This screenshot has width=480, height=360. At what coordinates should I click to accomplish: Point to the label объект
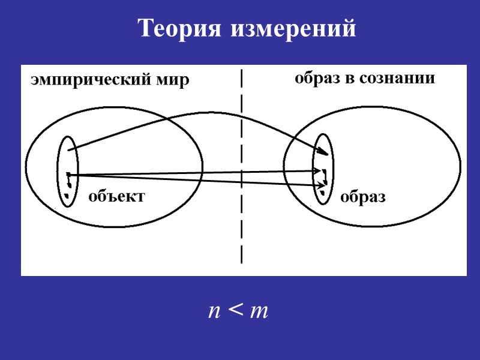point(117,196)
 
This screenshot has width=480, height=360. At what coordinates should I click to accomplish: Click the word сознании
point(398,79)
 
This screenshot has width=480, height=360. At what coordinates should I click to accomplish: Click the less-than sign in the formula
point(235,311)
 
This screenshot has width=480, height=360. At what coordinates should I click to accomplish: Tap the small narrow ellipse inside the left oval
point(67,171)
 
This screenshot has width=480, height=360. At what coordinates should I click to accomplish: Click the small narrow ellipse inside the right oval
point(322,168)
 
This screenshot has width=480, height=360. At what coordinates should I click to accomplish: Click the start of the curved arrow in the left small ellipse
point(70,149)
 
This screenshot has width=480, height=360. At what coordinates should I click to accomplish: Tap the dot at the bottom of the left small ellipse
point(68,196)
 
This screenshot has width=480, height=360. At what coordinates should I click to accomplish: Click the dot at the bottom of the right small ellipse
point(324,194)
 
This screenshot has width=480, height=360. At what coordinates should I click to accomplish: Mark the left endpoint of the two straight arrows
point(70,175)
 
